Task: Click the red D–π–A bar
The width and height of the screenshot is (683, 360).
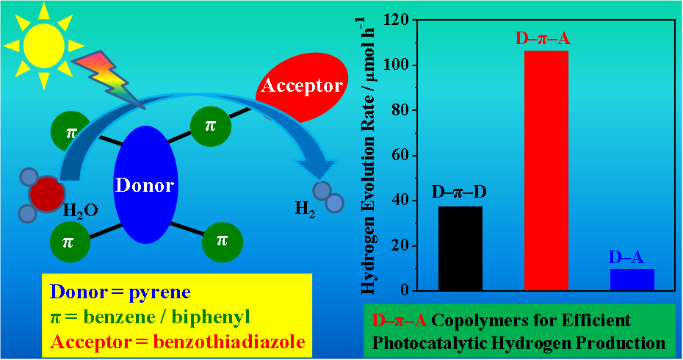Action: (x=546, y=170)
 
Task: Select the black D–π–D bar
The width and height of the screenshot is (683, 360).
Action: (x=460, y=248)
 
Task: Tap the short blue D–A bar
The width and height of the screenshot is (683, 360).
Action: (x=632, y=279)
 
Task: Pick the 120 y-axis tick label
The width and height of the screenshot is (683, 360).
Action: (x=397, y=20)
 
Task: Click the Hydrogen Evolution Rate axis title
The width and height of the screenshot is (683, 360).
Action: (x=368, y=156)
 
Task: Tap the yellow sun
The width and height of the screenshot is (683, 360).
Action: (x=43, y=46)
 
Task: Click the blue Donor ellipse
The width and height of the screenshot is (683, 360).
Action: (x=145, y=184)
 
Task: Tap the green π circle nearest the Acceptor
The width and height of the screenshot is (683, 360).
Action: (x=210, y=126)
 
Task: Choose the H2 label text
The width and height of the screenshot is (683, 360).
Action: (x=305, y=209)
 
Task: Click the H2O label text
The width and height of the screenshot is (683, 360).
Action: (x=81, y=212)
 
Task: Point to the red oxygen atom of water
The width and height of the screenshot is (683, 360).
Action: (x=46, y=193)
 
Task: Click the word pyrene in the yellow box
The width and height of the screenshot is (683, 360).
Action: (x=160, y=292)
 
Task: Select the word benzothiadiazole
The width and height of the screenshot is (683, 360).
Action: (x=230, y=342)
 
